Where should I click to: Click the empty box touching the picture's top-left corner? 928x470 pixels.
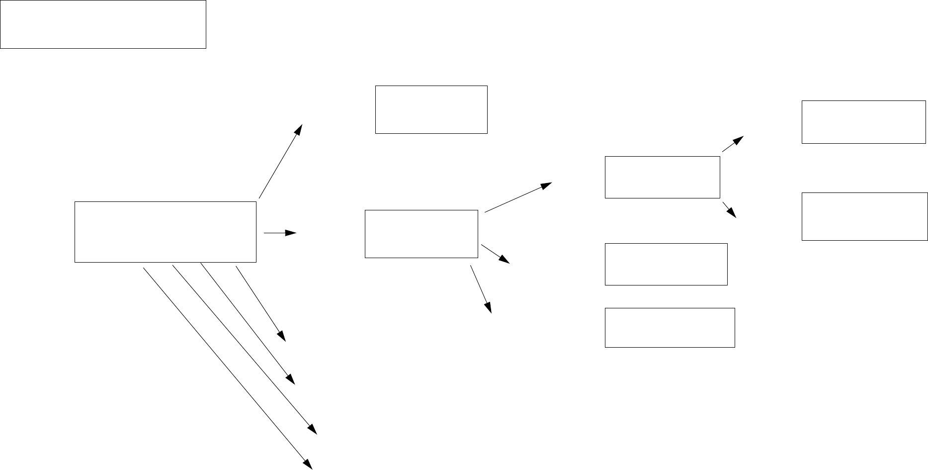[103, 24]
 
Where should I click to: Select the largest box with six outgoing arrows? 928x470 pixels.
[165, 232]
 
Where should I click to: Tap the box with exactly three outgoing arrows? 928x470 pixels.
[421, 234]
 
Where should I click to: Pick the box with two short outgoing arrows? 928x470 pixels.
[662, 177]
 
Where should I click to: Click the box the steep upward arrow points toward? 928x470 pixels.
[431, 109]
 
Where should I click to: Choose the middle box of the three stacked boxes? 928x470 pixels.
[666, 264]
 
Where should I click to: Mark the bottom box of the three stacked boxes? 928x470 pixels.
[670, 327]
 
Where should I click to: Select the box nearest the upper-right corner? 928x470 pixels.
[863, 122]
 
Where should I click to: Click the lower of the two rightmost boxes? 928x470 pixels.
[864, 216]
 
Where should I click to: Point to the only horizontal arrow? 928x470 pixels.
[280, 233]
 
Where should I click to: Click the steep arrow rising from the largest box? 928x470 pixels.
[280, 161]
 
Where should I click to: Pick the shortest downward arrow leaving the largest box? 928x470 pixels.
[261, 304]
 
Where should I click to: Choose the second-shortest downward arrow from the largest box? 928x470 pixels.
[248, 323]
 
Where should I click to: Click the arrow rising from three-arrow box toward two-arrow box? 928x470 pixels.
[518, 197]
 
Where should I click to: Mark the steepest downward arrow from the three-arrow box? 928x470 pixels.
[481, 289]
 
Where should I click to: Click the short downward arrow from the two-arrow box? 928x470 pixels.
[729, 209]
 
